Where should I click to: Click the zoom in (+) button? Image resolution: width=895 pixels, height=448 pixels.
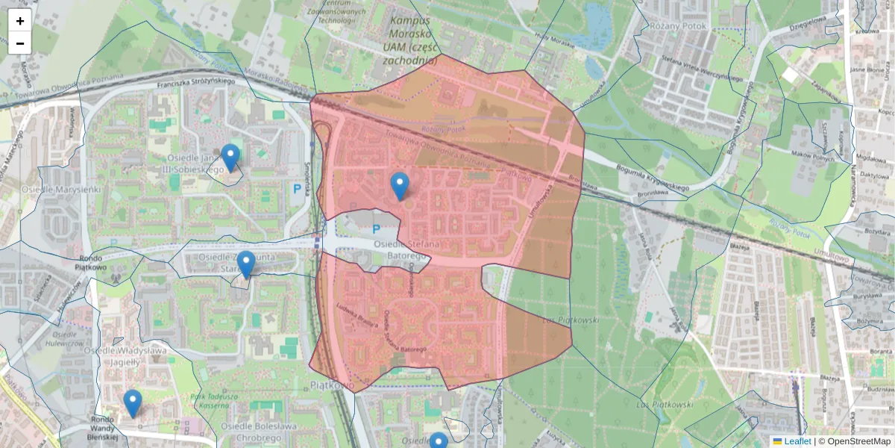tap(20, 21)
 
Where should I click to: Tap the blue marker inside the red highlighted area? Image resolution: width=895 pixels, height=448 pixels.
tap(400, 186)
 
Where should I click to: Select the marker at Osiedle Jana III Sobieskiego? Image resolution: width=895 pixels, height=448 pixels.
tap(230, 158)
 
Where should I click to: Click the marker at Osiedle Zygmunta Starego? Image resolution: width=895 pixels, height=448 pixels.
tap(245, 264)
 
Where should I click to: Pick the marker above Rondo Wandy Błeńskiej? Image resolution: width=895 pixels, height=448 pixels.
tap(133, 403)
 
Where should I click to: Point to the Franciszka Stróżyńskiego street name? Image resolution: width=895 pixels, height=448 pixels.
tap(196, 85)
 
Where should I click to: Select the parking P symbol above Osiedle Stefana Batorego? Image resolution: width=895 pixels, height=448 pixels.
tap(376, 230)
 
